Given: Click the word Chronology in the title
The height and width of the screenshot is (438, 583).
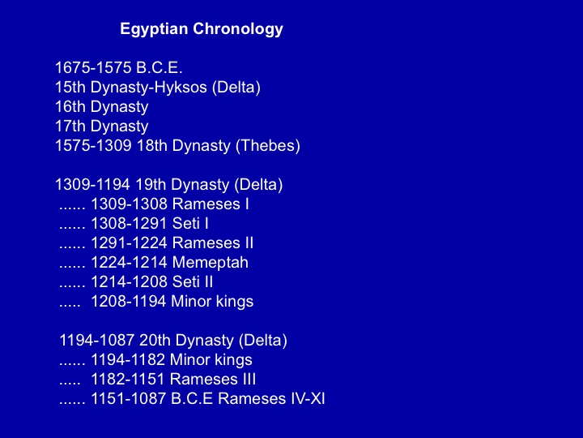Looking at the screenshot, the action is (x=238, y=29).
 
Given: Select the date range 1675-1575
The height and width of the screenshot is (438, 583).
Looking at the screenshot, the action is (x=93, y=68).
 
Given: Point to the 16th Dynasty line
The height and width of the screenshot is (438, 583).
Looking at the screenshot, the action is (x=101, y=107).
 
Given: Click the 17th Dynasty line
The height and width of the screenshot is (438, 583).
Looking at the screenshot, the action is (x=101, y=127).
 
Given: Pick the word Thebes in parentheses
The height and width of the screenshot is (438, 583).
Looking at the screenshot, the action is (x=268, y=146).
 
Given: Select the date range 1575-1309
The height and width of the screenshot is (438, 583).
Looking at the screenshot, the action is (x=93, y=146).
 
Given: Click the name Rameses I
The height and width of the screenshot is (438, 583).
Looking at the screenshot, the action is (x=211, y=204).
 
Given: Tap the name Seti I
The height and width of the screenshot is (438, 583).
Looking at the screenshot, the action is (x=190, y=224).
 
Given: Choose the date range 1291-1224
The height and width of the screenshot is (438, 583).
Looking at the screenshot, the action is (x=129, y=243).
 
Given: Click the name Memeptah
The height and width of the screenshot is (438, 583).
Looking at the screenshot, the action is (x=210, y=263).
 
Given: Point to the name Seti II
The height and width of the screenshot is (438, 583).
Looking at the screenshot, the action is (x=193, y=282).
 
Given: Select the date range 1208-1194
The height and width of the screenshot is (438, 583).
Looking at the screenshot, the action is (x=129, y=301).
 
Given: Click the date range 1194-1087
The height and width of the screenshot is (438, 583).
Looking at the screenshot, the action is (x=96, y=341).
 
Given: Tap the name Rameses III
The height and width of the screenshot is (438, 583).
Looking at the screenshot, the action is (x=213, y=379).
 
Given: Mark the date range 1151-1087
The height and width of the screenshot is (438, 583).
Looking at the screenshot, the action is (x=129, y=398).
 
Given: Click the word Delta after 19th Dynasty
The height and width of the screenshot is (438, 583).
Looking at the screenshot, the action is (x=258, y=185).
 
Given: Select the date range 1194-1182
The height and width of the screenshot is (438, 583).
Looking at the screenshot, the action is (x=128, y=360).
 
